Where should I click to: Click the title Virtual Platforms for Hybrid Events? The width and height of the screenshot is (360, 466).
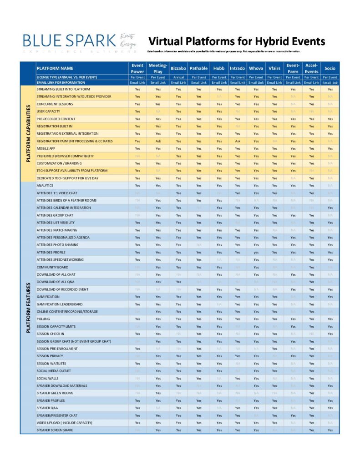[x=237, y=41]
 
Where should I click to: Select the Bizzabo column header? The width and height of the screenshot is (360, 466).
[x=178, y=68]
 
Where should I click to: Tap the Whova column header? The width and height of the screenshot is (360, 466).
[x=256, y=68]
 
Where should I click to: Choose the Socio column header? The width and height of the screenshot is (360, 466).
[x=330, y=68]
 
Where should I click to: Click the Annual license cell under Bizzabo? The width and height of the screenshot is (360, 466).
[x=178, y=77]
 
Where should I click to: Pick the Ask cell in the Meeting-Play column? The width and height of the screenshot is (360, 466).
[x=158, y=141]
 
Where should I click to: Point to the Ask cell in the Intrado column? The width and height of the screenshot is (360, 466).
[x=238, y=141]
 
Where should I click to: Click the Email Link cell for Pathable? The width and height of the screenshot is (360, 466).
[x=198, y=83]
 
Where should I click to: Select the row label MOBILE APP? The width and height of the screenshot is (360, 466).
[x=49, y=148]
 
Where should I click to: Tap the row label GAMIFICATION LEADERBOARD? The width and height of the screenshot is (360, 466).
[x=60, y=304]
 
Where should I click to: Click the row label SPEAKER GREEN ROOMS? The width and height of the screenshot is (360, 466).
[x=55, y=393]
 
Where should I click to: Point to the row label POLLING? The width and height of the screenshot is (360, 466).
[x=44, y=319]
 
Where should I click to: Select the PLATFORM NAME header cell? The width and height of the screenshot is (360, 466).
[x=55, y=68]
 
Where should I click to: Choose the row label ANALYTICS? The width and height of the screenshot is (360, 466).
[x=45, y=186]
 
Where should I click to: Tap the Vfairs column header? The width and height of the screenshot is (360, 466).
[x=274, y=68]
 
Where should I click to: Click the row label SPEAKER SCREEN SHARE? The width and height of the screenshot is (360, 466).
[x=55, y=430]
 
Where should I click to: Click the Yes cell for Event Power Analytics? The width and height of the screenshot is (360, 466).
[x=137, y=186]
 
